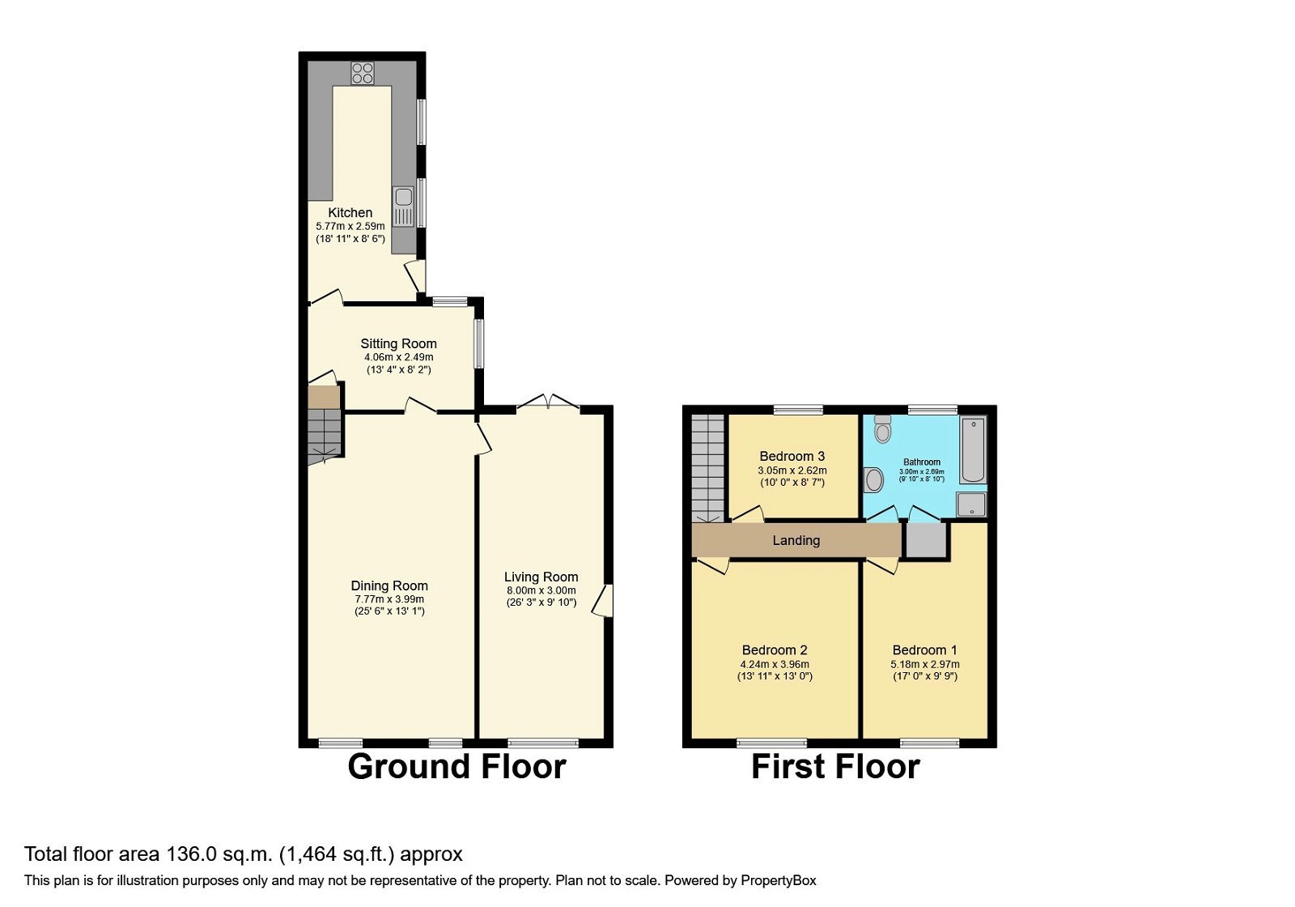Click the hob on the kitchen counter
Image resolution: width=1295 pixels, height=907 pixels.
[363, 73]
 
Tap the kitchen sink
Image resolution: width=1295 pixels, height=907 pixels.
[402, 206]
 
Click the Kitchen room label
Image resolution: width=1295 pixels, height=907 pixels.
[350, 213]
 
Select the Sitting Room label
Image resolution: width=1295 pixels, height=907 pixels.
[398, 344]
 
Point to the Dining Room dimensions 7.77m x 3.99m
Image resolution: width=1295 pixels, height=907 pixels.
[389, 599]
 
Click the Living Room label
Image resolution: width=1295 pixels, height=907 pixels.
[541, 577]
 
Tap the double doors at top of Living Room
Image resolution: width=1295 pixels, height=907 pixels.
[548, 403]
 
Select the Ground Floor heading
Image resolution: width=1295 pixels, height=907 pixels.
[456, 767]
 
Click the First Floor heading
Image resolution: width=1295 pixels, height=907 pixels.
[835, 767]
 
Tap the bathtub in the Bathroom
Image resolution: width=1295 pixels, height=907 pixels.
[973, 449]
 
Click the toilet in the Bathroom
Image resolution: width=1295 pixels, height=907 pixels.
[882, 428]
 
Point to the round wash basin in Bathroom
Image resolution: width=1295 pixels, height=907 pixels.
[873, 480]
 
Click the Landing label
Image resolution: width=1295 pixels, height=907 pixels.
[796, 541]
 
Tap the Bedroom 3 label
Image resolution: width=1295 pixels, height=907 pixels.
[792, 457]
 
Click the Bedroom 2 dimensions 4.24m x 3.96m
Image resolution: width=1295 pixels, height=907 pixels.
[775, 664]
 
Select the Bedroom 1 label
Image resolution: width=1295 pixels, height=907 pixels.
[924, 650]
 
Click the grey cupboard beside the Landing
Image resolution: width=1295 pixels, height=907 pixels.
[925, 541]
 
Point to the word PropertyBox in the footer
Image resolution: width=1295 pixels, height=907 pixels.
[778, 880]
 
